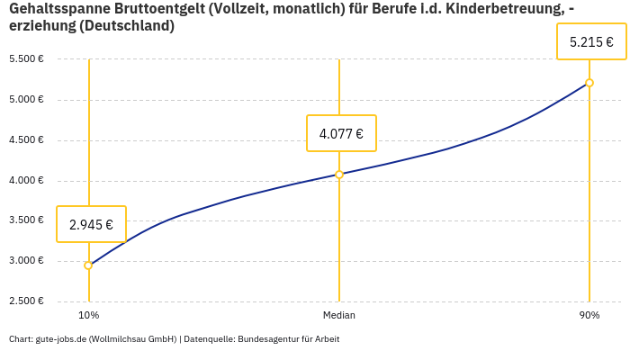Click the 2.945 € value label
91,224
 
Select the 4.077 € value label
341,134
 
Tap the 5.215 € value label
591,41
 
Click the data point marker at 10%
88,265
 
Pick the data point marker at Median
339,175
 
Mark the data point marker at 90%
589,83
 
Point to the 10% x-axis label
88,315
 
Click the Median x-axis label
339,315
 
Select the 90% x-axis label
589,315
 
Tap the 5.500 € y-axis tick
26,58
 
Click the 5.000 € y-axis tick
26,99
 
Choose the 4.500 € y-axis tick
26,139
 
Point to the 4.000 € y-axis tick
26,180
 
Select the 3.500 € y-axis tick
26,220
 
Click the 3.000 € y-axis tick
26,261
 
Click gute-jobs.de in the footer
59,339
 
